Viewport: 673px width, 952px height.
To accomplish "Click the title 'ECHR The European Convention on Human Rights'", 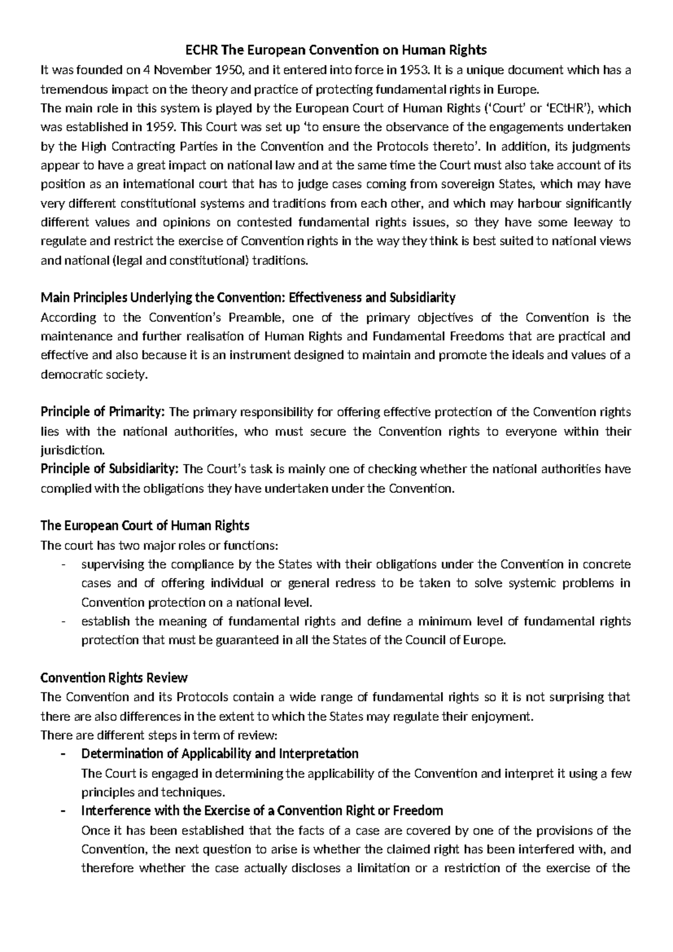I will (336, 50).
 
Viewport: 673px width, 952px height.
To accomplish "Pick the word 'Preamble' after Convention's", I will (251, 318).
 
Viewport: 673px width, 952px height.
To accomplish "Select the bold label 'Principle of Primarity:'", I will (103, 412).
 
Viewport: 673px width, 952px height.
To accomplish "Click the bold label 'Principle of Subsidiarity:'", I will (110, 469).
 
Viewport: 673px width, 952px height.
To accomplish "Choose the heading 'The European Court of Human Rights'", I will (145, 525).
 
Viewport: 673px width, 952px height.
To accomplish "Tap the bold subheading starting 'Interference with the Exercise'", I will (262, 811).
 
